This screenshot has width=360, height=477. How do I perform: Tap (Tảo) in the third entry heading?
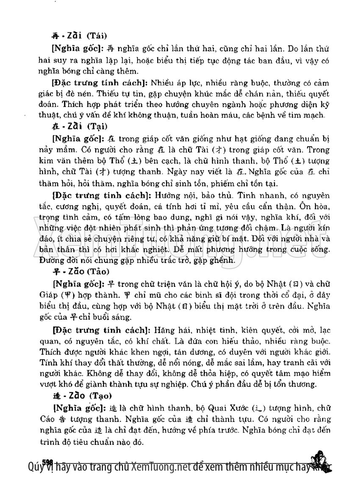pos(99,271)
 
